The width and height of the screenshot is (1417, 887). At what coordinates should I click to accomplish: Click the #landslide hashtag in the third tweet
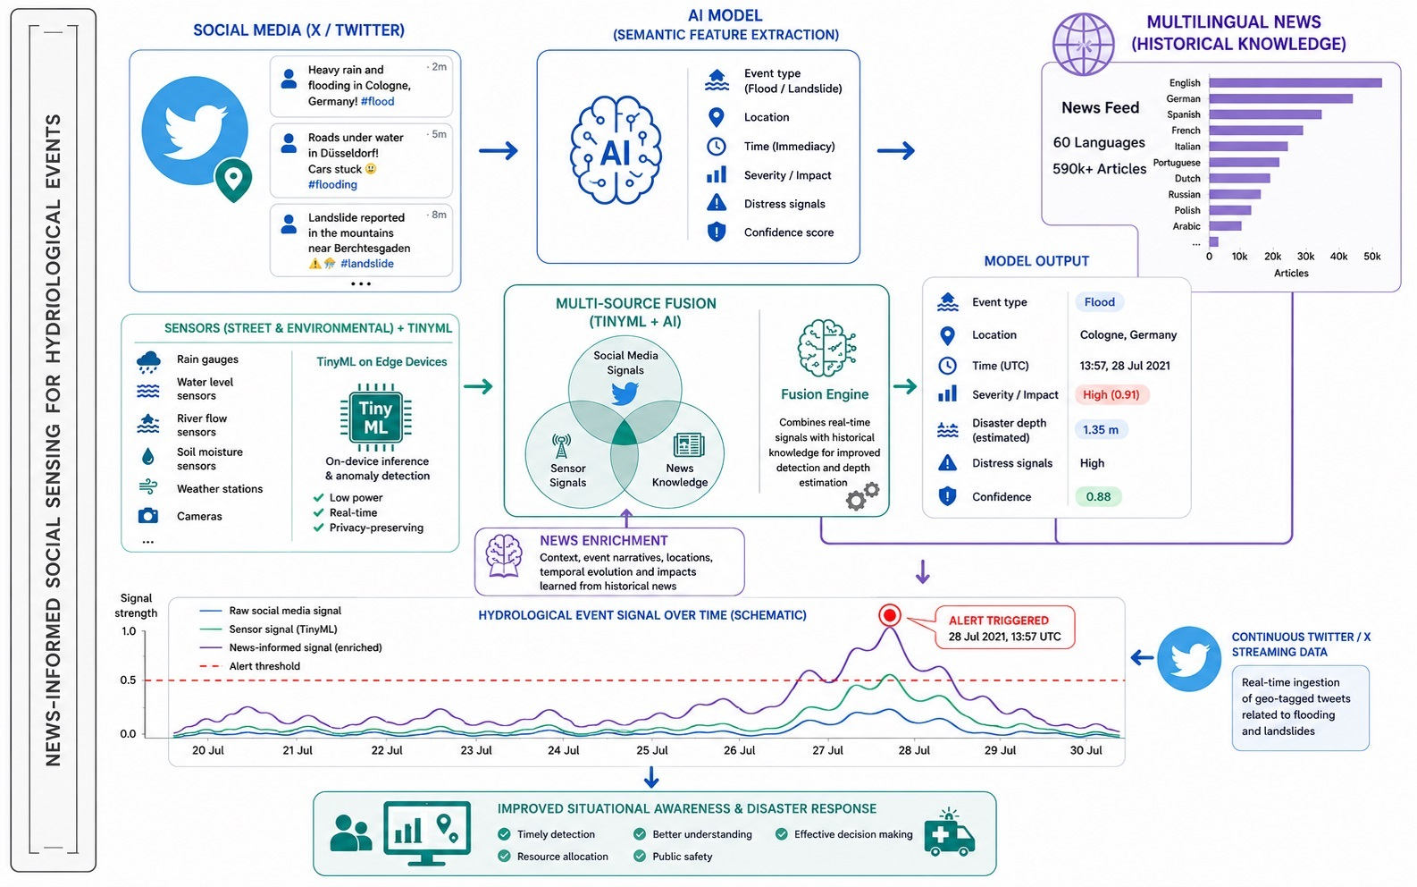[367, 264]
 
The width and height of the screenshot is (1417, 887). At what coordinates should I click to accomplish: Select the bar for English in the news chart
[1295, 83]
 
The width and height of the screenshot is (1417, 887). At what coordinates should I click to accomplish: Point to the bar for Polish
[1229, 210]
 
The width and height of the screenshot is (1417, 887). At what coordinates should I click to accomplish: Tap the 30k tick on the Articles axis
[1305, 257]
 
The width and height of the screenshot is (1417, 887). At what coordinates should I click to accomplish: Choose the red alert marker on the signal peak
[889, 615]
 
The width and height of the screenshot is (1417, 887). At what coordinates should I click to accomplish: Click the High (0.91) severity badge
[1111, 394]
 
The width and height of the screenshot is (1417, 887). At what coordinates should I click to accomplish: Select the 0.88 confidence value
[1098, 496]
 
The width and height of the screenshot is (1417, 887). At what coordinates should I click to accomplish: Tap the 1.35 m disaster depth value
[1101, 430]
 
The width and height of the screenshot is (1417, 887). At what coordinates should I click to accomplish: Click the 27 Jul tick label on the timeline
[827, 750]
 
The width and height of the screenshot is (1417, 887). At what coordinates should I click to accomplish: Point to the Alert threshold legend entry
[250, 666]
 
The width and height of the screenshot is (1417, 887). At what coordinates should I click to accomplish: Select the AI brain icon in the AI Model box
[616, 151]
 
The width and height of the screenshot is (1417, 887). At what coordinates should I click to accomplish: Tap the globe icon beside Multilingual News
[1083, 45]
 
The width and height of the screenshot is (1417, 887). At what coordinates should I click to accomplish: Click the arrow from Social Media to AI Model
[499, 151]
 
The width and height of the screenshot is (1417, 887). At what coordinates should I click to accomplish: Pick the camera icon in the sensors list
[148, 515]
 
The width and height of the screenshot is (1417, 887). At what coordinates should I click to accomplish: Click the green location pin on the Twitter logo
[233, 180]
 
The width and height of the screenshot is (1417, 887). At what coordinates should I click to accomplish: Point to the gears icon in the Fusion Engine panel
[862, 496]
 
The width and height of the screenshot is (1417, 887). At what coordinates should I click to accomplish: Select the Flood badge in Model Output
[1100, 302]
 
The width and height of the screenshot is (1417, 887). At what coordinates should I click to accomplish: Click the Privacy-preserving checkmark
[319, 528]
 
